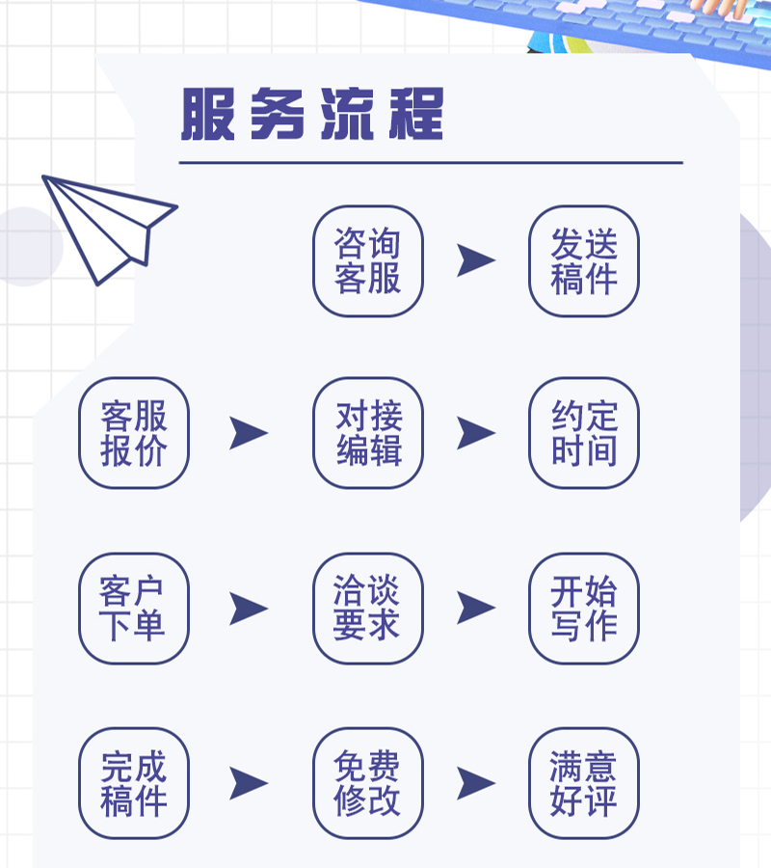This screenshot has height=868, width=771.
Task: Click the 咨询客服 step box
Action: click(x=368, y=261)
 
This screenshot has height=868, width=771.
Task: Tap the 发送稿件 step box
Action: click(x=584, y=261)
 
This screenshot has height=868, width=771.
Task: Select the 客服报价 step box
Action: click(x=134, y=433)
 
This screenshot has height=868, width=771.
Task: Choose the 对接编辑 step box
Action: click(x=368, y=433)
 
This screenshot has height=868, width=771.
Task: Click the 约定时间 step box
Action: click(x=584, y=433)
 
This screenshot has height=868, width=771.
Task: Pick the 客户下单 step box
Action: click(x=134, y=609)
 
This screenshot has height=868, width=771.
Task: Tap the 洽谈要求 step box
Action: click(x=368, y=609)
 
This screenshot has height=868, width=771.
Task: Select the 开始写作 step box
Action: click(x=584, y=609)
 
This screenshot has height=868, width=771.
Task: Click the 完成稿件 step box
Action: click(x=134, y=783)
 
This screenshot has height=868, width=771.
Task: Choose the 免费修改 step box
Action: click(x=368, y=783)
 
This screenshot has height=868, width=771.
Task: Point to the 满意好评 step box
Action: click(x=584, y=783)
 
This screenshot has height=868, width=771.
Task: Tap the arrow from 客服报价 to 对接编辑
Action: click(x=248, y=433)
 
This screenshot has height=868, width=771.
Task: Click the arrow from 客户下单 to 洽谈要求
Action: click(x=248, y=609)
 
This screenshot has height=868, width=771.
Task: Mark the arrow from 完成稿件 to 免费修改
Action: click(x=248, y=783)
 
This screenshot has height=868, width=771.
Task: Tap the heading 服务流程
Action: click(x=312, y=116)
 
